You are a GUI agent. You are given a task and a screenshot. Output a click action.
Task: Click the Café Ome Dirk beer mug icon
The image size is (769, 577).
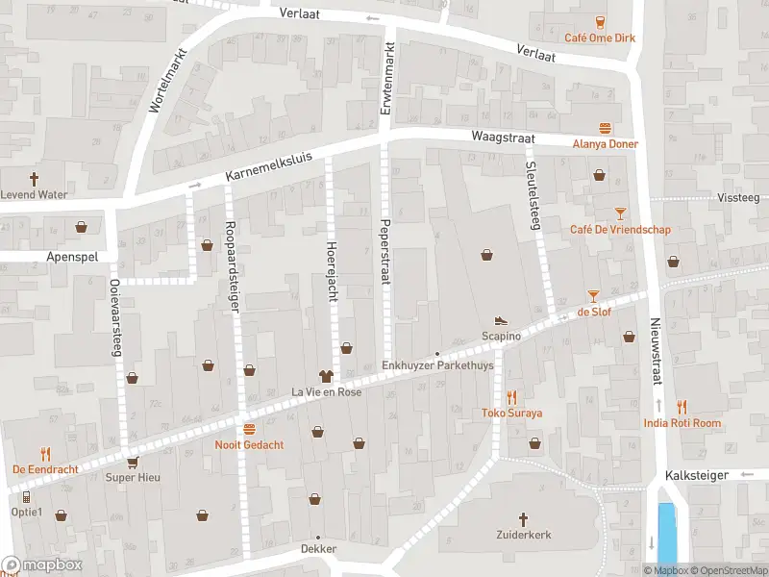pos(602,23)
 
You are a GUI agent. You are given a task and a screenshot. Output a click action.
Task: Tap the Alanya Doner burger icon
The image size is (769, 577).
pos(606,127)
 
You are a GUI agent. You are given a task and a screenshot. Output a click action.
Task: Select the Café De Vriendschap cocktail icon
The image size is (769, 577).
pos(620,213)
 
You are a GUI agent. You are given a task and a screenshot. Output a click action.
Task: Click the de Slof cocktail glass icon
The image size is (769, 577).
pos(594,295)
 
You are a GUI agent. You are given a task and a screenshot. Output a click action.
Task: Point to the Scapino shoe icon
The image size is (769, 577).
pos(501,320)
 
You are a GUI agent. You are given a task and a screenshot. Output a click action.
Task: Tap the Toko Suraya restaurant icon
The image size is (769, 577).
pos(512,396)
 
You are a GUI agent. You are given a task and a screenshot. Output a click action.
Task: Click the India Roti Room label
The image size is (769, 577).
pos(682,423)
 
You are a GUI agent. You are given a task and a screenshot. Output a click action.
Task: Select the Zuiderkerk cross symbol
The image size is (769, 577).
pos(524,518)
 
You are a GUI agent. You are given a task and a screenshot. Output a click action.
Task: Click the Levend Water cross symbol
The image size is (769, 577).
pos(34,178)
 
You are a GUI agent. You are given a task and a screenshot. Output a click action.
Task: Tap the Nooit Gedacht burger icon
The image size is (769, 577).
pos(249,429)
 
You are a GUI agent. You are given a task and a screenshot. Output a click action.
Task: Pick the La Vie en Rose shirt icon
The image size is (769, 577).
pos(326,375)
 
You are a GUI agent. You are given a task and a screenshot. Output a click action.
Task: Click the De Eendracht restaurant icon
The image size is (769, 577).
pos(45,453)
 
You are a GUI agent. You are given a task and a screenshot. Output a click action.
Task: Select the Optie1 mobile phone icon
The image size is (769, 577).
pos(26,496)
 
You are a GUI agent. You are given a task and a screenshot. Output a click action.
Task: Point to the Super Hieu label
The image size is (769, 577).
pos(132,478)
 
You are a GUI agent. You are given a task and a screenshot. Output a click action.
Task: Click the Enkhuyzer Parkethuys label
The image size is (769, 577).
pos(437,366)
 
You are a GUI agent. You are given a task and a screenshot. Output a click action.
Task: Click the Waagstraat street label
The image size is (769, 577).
pos(495,138)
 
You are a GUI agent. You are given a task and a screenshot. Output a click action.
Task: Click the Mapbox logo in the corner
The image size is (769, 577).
pos(41,565)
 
